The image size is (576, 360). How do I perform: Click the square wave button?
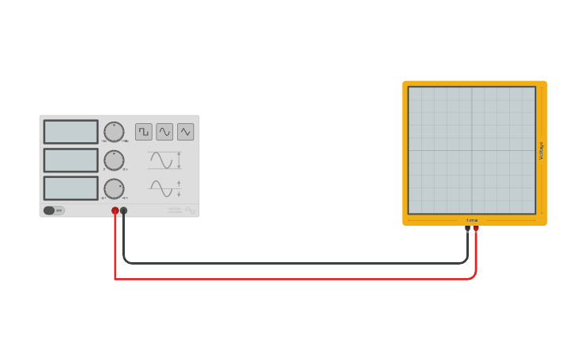pyautogui.click(x=144, y=132)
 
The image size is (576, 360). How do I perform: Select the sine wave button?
pyautogui.click(x=164, y=132)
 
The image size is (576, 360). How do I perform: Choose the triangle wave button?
pyautogui.click(x=185, y=132)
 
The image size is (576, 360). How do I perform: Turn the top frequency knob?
pyautogui.click(x=114, y=132)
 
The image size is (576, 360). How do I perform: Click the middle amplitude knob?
pyautogui.click(x=114, y=161)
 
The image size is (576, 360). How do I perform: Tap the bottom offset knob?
pyautogui.click(x=114, y=189)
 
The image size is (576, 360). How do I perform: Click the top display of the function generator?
pyautogui.click(x=71, y=132)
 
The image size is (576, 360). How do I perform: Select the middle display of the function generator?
pyautogui.click(x=71, y=161)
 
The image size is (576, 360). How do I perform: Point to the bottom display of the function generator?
pyautogui.click(x=71, y=188)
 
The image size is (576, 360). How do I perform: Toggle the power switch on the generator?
pyautogui.click(x=51, y=211)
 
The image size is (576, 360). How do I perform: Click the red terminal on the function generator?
pyautogui.click(x=115, y=211)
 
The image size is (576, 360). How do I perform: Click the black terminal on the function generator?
pyautogui.click(x=123, y=211)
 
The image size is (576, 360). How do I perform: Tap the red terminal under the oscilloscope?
pyautogui.click(x=476, y=228)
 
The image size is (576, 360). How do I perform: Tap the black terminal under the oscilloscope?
pyautogui.click(x=467, y=228)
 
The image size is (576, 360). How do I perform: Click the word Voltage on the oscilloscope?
pyautogui.click(x=542, y=150)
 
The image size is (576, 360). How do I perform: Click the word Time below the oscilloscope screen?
pyautogui.click(x=472, y=220)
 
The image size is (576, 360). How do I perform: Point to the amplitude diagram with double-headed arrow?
pyautogui.click(x=164, y=161)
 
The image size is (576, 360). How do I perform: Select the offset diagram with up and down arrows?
pyautogui.click(x=164, y=189)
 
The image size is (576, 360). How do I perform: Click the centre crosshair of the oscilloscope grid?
pyautogui.click(x=472, y=150)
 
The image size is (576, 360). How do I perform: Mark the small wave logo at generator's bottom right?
pyautogui.click(x=191, y=210)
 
